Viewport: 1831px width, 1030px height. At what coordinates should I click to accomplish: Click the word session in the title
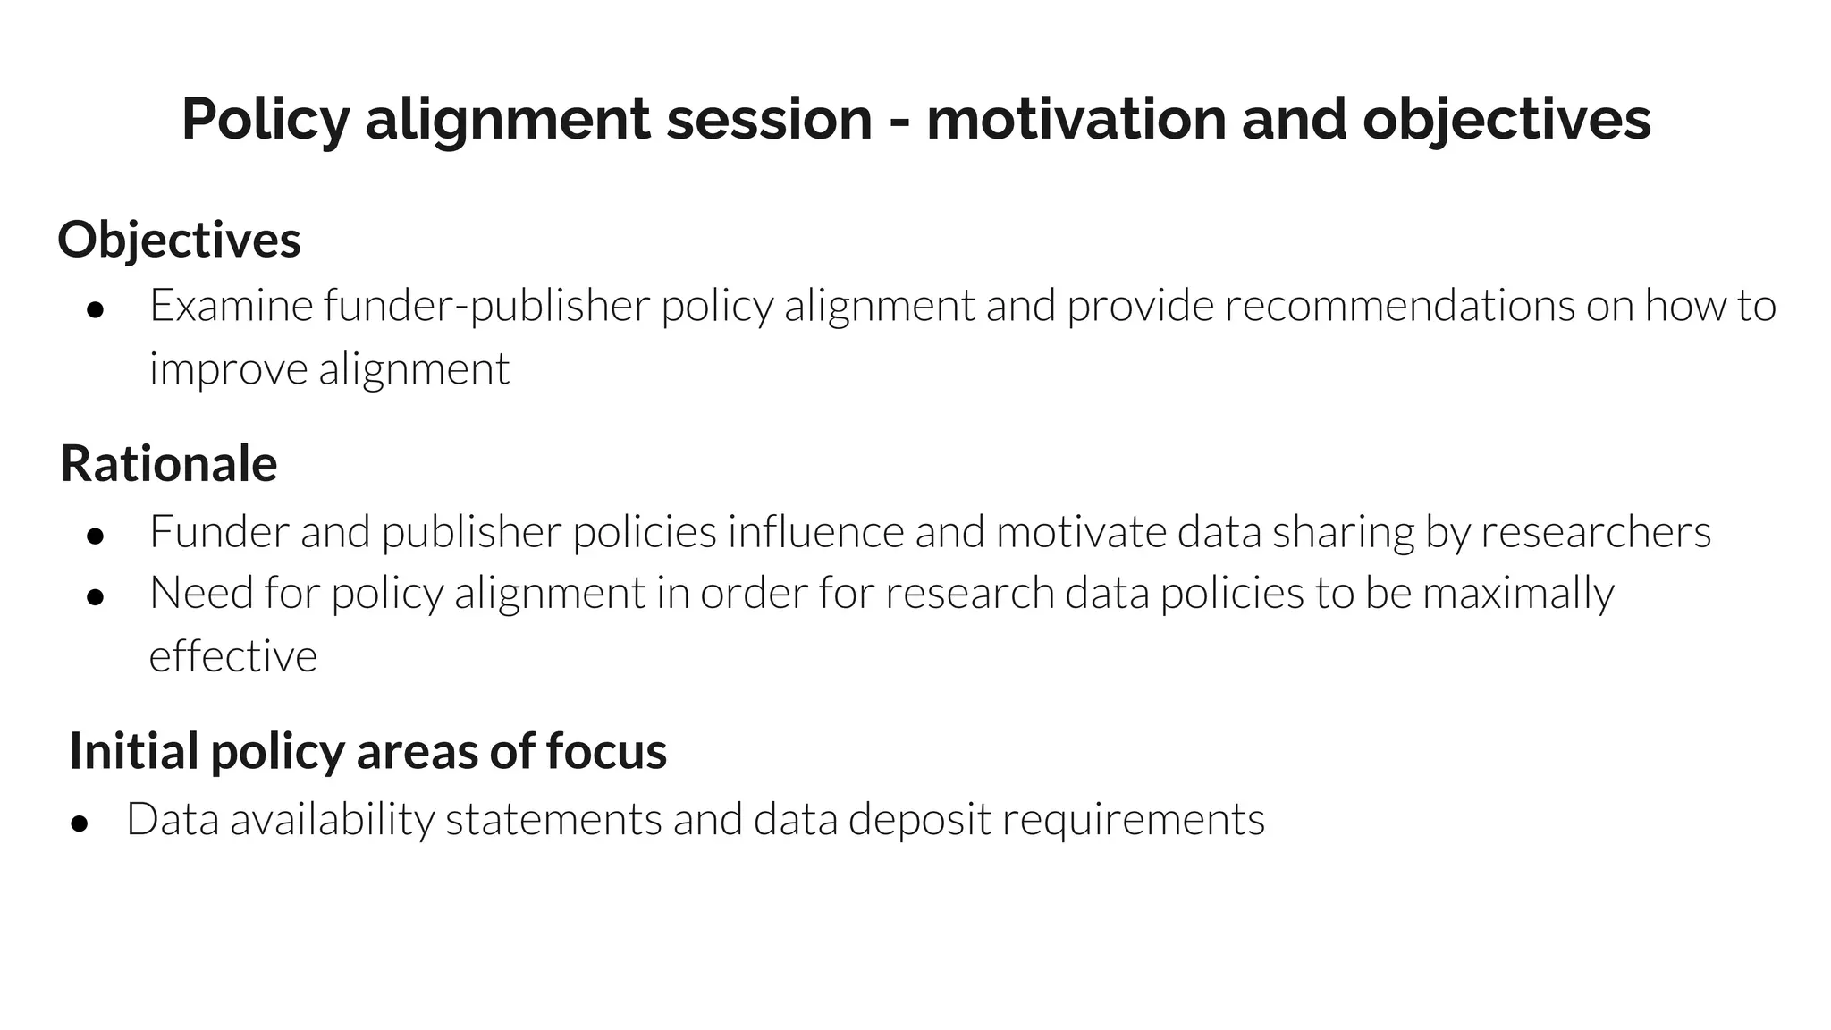tap(769, 119)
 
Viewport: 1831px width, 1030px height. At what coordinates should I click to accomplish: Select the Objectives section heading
tap(179, 240)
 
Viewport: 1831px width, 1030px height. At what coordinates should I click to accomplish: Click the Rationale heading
tap(169, 463)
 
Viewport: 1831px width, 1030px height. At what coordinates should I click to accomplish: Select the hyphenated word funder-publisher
tap(486, 306)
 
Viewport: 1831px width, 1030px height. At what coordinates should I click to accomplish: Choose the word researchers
tap(1596, 531)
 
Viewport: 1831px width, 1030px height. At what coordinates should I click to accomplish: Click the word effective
tap(232, 656)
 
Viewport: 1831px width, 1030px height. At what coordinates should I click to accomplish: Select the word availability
tap(332, 819)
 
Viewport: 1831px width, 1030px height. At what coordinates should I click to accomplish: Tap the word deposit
tap(919, 819)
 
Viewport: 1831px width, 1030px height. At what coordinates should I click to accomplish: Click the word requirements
tap(1133, 819)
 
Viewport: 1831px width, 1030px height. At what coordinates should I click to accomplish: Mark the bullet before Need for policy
tap(96, 597)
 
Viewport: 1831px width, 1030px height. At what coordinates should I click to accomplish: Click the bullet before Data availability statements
tap(80, 823)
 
